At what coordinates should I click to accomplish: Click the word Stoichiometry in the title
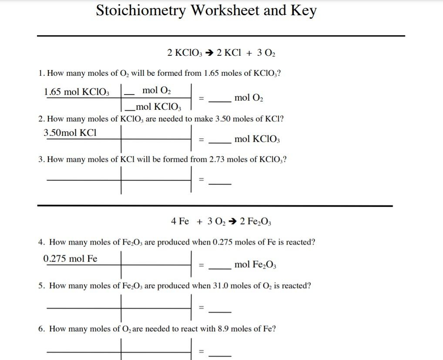pyautogui.click(x=141, y=11)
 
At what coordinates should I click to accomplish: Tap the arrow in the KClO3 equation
pyautogui.click(x=209, y=53)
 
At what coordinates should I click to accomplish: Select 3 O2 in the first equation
pyautogui.click(x=266, y=53)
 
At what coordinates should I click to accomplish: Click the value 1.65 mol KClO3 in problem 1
pyautogui.click(x=77, y=92)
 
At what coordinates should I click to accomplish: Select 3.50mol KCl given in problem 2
pyautogui.click(x=70, y=133)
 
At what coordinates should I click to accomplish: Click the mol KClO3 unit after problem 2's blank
pyautogui.click(x=257, y=139)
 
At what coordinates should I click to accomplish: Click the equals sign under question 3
pyautogui.click(x=201, y=179)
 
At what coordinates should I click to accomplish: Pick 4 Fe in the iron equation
pyautogui.click(x=180, y=222)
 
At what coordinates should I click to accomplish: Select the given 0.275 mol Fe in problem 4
pyautogui.click(x=70, y=259)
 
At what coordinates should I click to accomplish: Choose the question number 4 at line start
pyautogui.click(x=41, y=242)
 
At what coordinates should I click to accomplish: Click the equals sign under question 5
pyautogui.click(x=201, y=307)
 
